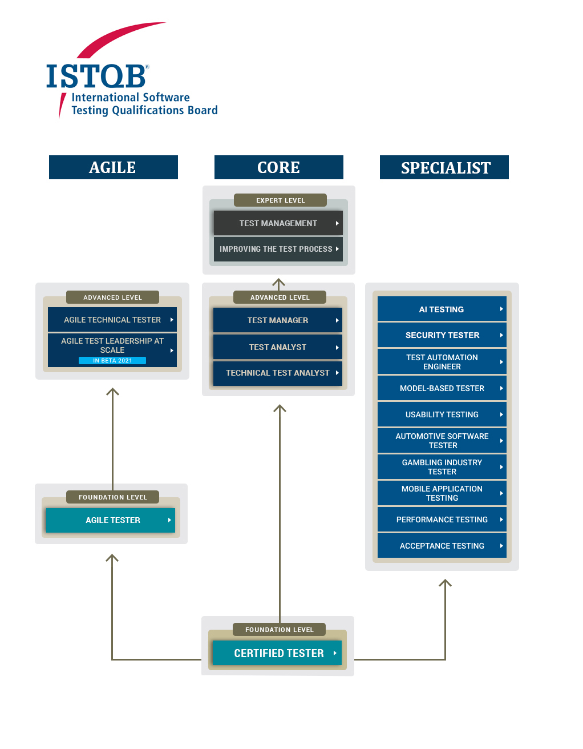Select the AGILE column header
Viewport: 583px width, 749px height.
click(113, 167)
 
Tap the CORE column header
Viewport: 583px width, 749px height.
click(278, 167)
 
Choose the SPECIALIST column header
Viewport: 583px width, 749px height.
click(444, 167)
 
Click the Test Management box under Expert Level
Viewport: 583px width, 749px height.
click(278, 223)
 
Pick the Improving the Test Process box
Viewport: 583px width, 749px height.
click(278, 249)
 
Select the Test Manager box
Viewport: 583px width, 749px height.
click(278, 320)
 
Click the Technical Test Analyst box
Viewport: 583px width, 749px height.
click(278, 373)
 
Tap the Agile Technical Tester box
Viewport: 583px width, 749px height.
click(112, 320)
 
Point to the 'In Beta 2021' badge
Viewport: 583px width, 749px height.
click(112, 361)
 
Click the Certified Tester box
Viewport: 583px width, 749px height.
click(277, 653)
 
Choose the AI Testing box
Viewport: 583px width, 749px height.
click(442, 309)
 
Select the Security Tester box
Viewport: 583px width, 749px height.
click(442, 335)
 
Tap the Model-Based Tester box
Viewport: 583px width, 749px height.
click(442, 388)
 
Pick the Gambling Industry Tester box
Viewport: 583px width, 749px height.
click(442, 467)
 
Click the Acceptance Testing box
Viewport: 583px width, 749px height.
click(442, 546)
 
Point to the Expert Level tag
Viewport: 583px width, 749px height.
click(280, 200)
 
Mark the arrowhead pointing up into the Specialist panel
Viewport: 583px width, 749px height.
click(445, 583)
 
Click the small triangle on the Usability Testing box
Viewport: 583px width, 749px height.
click(501, 414)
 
